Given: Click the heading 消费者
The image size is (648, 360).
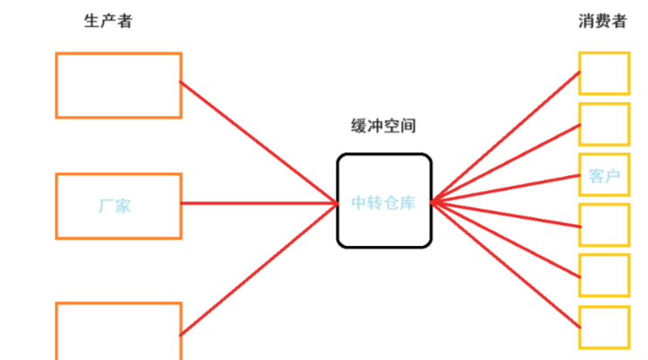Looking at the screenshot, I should coord(602,22).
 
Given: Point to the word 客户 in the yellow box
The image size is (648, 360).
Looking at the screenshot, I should coord(604,177).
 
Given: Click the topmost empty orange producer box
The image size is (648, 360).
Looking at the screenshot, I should coord(119,85).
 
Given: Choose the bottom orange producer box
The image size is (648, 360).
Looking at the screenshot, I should coord(119,331).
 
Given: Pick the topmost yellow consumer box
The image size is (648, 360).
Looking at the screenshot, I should coord(604,73).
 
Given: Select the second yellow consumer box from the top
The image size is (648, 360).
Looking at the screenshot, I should coord(604,124).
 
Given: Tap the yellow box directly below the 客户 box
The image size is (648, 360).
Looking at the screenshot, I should coord(604,226).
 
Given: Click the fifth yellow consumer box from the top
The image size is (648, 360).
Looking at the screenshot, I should coord(604,275).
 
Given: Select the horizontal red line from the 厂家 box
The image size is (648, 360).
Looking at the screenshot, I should coord(258,204).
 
